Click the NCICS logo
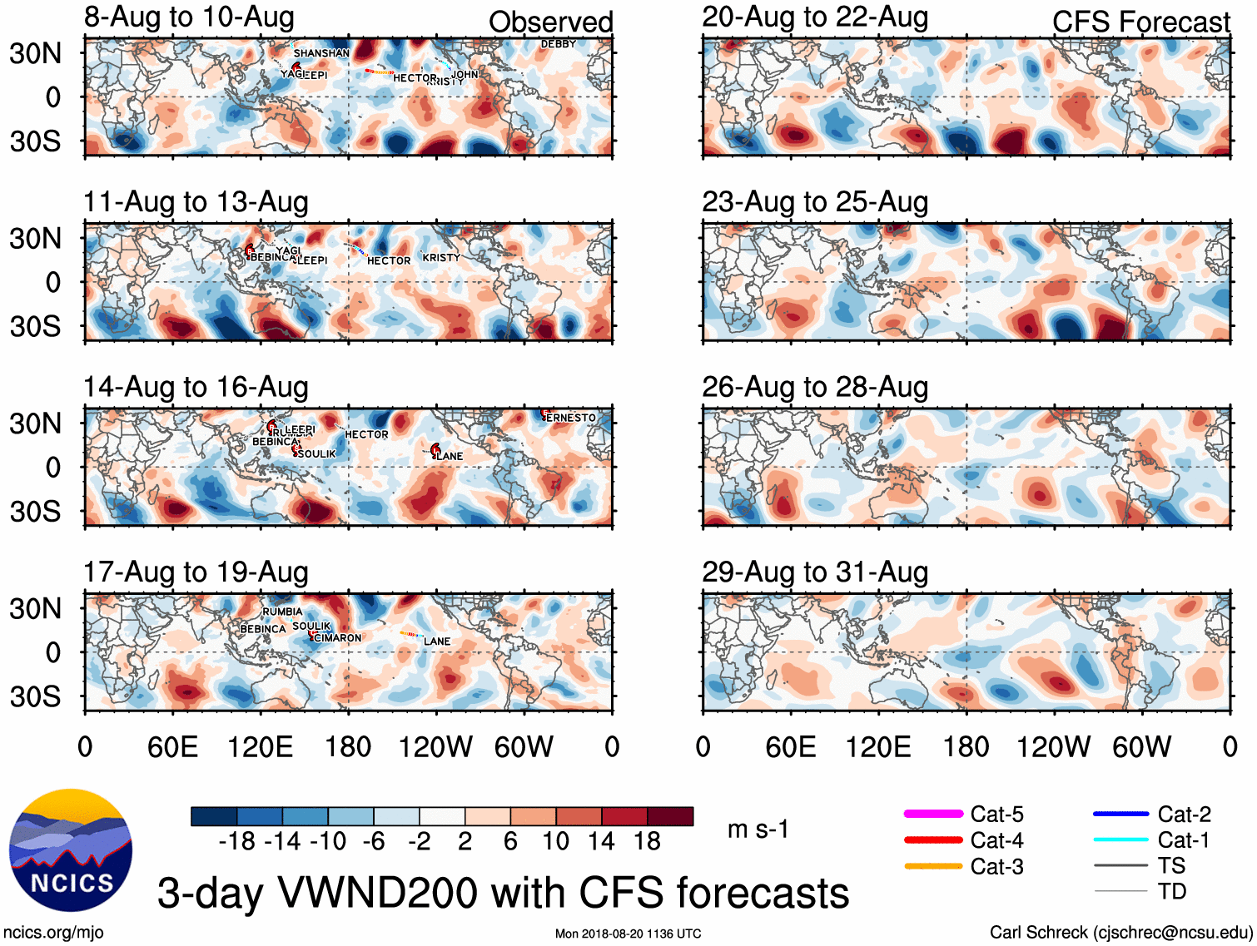71,849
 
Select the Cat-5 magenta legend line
933,814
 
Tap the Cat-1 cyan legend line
1120,840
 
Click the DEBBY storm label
558,44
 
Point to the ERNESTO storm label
571,418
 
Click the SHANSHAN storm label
321,53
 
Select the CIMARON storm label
338,638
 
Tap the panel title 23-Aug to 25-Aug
815,202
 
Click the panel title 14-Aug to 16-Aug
196,388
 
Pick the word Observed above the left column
550,22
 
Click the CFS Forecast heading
1140,22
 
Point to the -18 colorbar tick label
236,842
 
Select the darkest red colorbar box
670,816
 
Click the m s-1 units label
758,830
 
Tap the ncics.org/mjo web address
53,933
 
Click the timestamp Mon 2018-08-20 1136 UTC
628,934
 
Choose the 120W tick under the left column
435,747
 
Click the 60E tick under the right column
791,747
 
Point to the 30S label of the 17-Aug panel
35,696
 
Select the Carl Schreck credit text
1120,933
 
